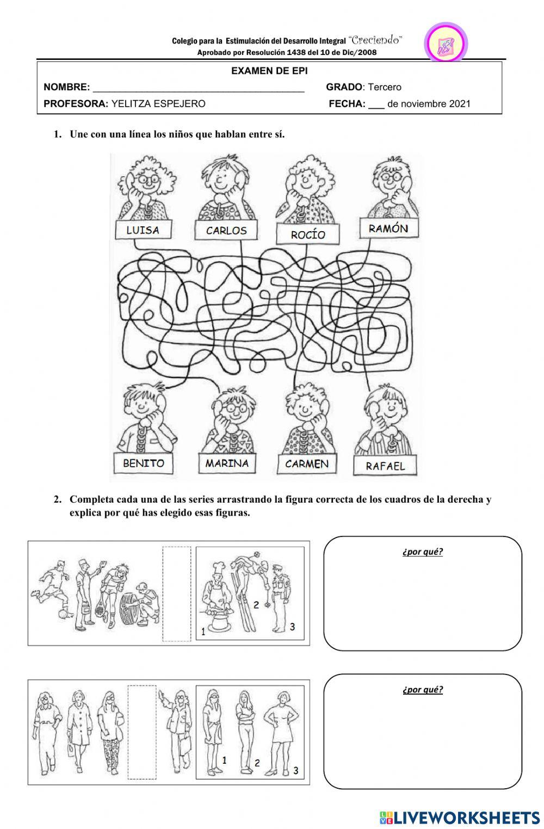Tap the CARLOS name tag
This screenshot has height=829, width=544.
click(x=226, y=231)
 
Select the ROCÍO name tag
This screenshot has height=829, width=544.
click(x=308, y=234)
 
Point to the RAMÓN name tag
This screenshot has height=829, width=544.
click(x=388, y=228)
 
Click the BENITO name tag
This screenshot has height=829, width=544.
click(x=143, y=463)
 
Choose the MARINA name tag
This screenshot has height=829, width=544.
click(x=227, y=463)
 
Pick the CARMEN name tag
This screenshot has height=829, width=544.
click(x=307, y=464)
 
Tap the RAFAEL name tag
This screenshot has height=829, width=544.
click(x=386, y=466)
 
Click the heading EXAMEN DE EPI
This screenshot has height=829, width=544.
click(x=269, y=71)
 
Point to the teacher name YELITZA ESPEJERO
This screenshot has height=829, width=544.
click(x=158, y=104)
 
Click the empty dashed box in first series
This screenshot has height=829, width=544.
click(x=177, y=594)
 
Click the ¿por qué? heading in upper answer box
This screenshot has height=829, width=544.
click(x=423, y=552)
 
